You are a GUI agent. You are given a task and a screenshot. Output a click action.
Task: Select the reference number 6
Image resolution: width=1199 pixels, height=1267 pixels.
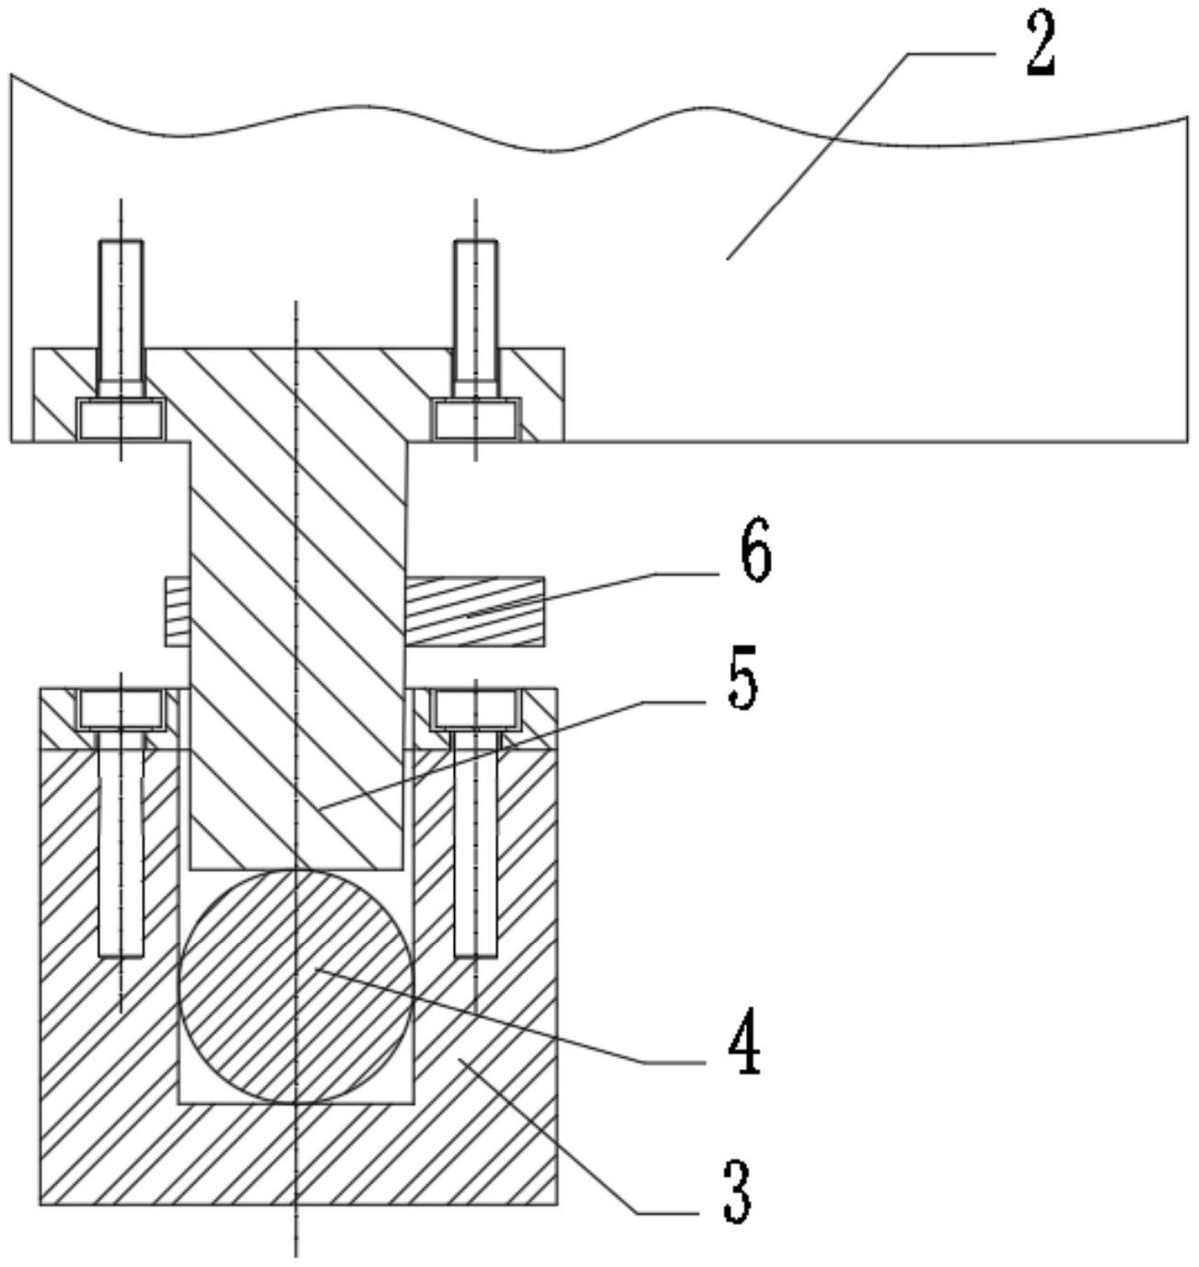[754, 552]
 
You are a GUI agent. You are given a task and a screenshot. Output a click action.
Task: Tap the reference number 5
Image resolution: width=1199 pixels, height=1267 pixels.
[742, 680]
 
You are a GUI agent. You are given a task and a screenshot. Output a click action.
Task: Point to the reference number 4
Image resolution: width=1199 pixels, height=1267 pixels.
[742, 1041]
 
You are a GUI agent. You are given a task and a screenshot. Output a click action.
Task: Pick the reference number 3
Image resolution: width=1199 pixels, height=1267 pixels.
[736, 1189]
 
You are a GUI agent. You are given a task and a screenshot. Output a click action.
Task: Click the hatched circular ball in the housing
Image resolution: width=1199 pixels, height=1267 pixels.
[296, 986]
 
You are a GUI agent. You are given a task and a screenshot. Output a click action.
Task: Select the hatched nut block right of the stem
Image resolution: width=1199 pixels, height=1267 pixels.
[474, 610]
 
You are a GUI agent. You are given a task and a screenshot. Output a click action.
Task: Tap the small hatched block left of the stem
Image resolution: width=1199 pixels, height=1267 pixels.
[177, 610]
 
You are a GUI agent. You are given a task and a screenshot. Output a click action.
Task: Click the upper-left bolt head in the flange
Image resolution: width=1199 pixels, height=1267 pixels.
[121, 420]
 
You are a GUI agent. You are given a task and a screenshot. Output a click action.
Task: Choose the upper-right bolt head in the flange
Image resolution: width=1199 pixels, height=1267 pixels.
[477, 420]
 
